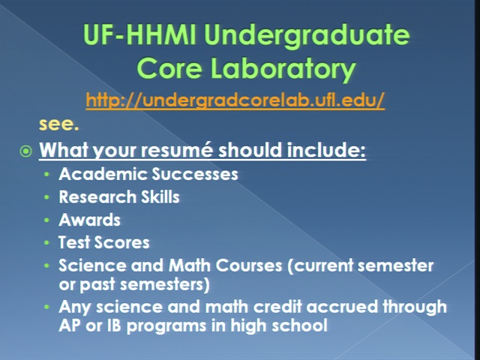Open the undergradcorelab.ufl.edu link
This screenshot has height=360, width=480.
[x=235, y=100]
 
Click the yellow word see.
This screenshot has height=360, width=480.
[x=58, y=124]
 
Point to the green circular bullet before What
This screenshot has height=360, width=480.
[x=25, y=151]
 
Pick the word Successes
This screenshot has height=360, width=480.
[x=195, y=174]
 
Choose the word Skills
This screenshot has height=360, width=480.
[x=160, y=196]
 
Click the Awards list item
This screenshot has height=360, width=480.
[x=89, y=220]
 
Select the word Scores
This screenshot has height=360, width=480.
[x=121, y=242]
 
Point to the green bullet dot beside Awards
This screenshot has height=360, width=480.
[x=46, y=220]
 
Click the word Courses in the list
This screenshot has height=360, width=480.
[x=248, y=265]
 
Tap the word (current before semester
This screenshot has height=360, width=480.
[x=320, y=265]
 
